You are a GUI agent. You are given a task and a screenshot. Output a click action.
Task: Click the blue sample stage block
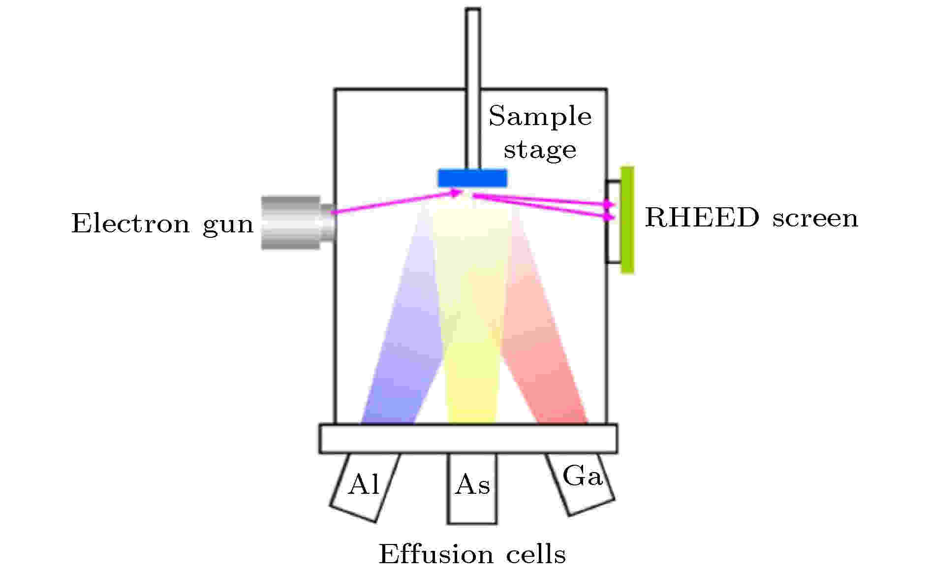[x=472, y=178]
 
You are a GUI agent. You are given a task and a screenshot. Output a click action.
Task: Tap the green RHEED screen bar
[x=627, y=220]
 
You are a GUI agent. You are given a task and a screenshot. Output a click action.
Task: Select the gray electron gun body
[x=298, y=223]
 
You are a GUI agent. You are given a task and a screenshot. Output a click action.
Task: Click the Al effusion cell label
[x=364, y=485]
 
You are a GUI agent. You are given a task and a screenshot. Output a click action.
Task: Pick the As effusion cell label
[x=472, y=485]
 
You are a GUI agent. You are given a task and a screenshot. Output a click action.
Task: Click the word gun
[x=228, y=226]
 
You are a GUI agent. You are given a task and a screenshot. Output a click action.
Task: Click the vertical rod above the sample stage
[x=473, y=89]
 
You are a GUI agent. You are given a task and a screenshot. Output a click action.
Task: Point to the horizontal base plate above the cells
[x=468, y=438]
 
